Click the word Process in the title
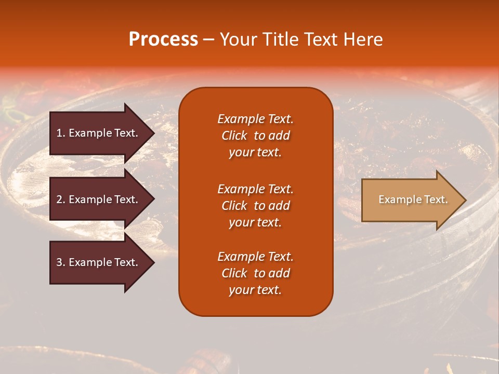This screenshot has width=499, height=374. [163, 39]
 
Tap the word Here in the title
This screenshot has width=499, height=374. [364, 39]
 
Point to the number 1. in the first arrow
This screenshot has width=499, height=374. [61, 133]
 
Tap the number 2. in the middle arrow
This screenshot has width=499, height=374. [61, 199]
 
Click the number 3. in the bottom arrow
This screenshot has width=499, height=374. [61, 262]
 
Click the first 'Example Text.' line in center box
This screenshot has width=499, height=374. [255, 119]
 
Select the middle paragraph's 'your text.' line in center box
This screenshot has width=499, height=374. [255, 222]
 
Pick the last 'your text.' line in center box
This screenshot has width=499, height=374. [255, 290]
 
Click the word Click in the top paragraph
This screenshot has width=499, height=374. [234, 136]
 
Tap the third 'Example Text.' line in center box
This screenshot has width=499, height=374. [255, 257]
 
